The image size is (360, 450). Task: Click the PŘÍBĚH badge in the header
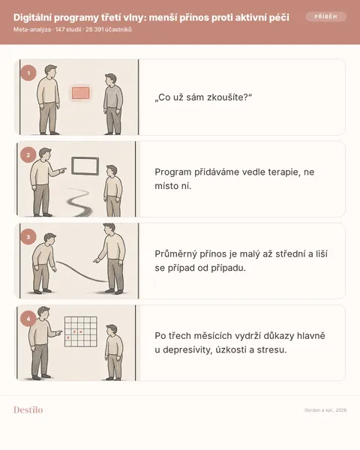[x=325, y=16]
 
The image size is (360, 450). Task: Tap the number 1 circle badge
[x=28, y=73]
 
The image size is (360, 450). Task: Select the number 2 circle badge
[x=28, y=155]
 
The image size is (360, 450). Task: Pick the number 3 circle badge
[x=28, y=237]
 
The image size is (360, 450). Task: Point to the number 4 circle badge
[x=28, y=319]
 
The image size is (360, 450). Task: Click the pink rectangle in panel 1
[x=81, y=93]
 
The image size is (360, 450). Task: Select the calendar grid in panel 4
[x=81, y=331]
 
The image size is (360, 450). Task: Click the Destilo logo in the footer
[x=28, y=409]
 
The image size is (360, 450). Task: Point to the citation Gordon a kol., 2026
[x=325, y=410]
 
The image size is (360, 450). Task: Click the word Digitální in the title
[x=32, y=18]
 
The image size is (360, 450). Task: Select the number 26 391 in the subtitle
[x=94, y=29]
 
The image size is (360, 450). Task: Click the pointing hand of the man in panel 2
[x=63, y=170]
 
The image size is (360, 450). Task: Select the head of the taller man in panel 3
[x=109, y=229]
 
